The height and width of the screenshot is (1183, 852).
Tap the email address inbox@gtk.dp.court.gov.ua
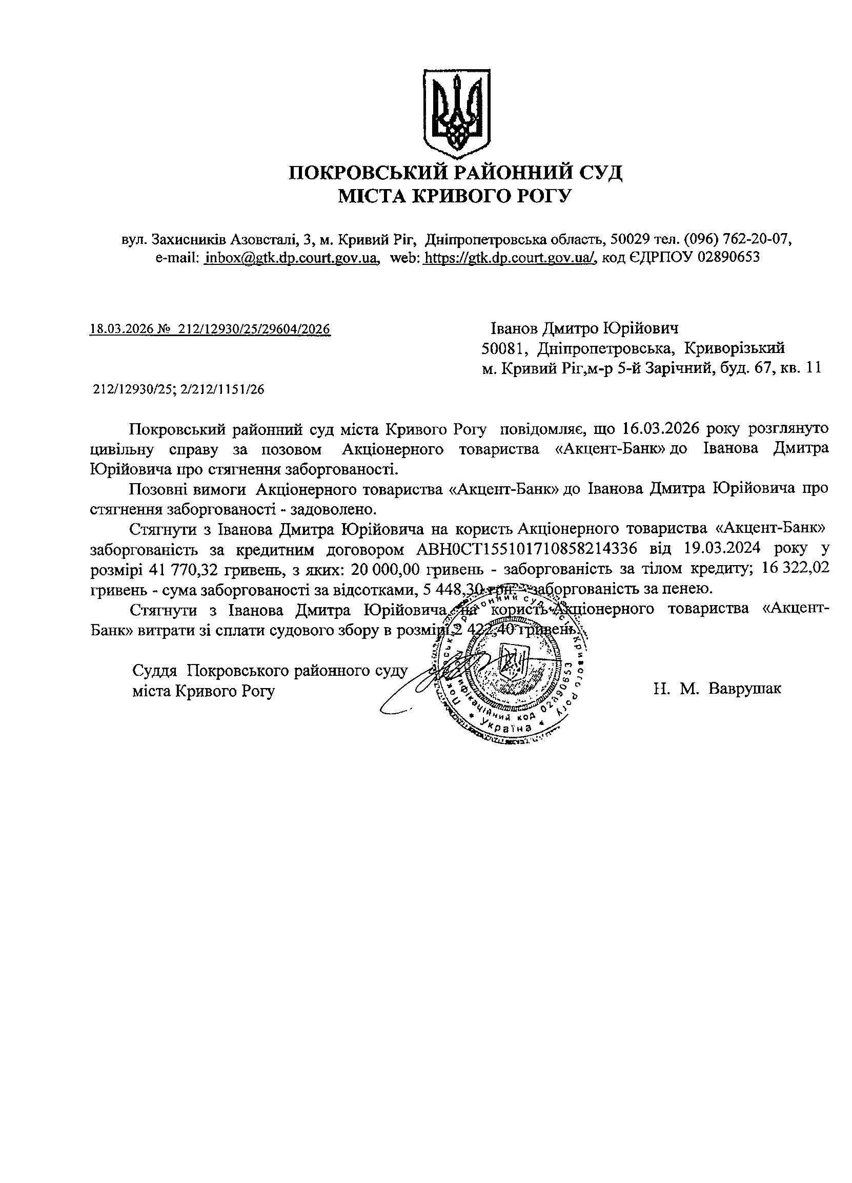[x=291, y=257]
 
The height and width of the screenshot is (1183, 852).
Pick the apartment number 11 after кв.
[x=814, y=368]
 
